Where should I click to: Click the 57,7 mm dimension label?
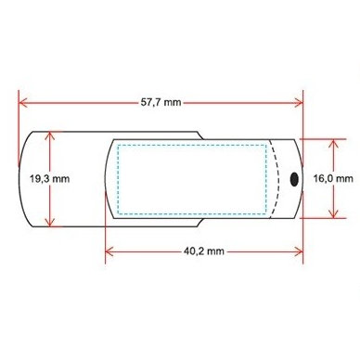(x=161, y=102)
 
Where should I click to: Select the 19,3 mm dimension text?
(x=49, y=179)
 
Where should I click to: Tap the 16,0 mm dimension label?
(x=333, y=178)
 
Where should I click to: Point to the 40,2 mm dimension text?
(x=204, y=251)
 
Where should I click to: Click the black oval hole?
(x=294, y=179)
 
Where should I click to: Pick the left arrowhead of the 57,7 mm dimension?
(x=23, y=103)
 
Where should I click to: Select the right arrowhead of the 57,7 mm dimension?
(x=299, y=103)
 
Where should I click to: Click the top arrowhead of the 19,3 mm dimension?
(x=49, y=136)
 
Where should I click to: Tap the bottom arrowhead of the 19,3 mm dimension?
(x=49, y=222)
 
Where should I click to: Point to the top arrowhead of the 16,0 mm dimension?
(x=333, y=144)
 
